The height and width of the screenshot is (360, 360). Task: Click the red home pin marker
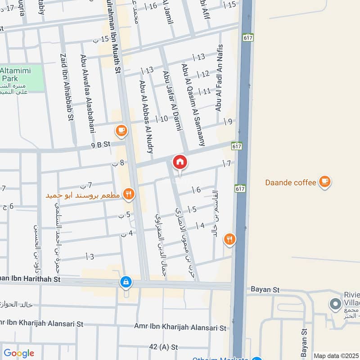tap(180, 162)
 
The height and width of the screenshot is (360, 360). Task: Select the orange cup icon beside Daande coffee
tap(324, 181)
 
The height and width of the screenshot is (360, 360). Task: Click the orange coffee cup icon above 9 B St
tap(121, 130)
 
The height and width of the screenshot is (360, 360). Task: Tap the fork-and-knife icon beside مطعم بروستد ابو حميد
tap(129, 194)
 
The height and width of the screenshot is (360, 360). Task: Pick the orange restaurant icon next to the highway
tap(229, 239)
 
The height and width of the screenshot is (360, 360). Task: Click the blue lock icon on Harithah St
tap(126, 282)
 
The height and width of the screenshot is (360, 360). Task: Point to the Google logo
tap(18, 353)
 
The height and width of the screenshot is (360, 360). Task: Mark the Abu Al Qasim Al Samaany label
tap(193, 104)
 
